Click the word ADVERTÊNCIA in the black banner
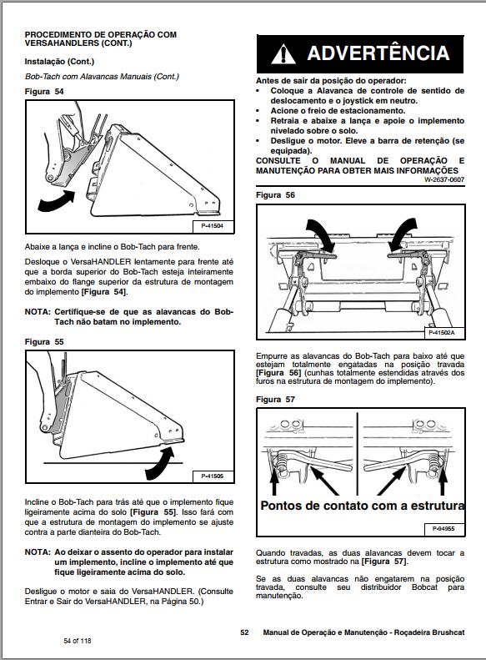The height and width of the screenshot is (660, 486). [378, 54]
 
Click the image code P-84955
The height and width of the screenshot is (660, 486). [446, 529]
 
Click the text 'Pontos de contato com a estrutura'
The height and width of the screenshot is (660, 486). [362, 506]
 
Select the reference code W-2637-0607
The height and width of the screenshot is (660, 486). [443, 179]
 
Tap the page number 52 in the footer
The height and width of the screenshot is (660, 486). [244, 632]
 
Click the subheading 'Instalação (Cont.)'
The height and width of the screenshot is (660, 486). [59, 62]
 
